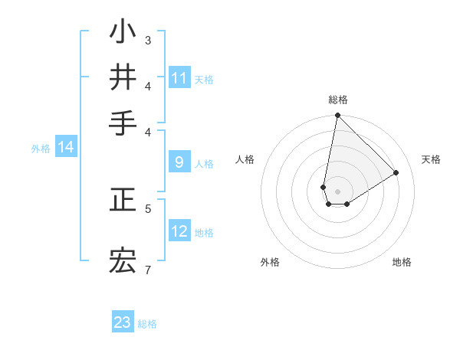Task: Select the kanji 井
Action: click(x=123, y=77)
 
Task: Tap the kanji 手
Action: click(x=123, y=123)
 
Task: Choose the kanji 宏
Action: click(x=123, y=260)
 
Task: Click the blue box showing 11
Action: click(x=179, y=78)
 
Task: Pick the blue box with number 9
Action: click(x=179, y=162)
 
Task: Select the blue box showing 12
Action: click(x=179, y=231)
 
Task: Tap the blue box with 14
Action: click(x=66, y=147)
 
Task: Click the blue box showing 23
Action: click(x=123, y=322)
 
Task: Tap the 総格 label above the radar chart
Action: click(x=337, y=100)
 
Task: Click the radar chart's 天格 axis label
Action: click(x=431, y=159)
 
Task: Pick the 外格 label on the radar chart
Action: click(x=270, y=262)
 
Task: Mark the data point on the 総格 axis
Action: click(x=337, y=116)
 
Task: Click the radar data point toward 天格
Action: click(x=396, y=173)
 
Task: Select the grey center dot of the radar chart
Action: click(x=337, y=191)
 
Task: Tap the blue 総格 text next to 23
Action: click(x=147, y=324)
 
